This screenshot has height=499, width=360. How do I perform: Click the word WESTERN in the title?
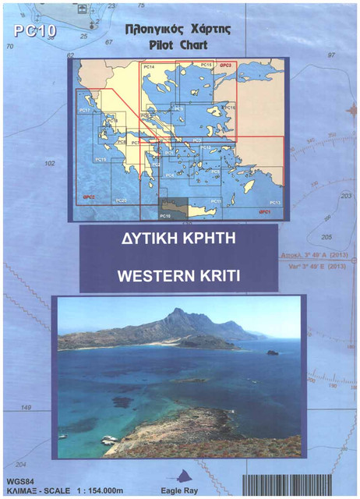pos(148,274)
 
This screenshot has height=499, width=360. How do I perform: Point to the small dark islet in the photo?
pos(271,352)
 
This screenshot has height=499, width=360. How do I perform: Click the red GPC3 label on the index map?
pos(226,65)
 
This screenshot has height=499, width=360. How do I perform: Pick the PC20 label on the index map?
pos(120,200)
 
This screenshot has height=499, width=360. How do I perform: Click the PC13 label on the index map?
pos(274,202)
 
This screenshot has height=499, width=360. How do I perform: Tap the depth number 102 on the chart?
pos(50,164)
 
